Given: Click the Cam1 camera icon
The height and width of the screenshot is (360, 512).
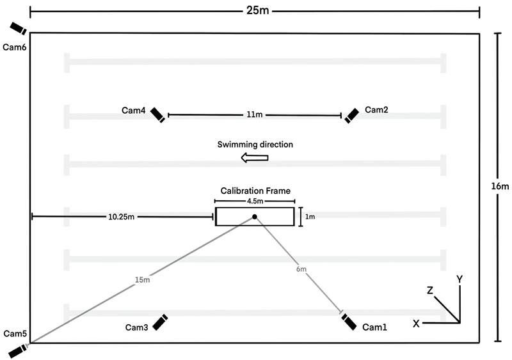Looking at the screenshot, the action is [x=349, y=322].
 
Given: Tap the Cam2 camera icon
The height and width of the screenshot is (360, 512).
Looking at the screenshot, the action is [x=351, y=116].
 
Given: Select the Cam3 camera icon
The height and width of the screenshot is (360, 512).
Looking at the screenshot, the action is [x=160, y=322].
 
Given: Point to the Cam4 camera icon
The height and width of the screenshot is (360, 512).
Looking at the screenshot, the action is [x=157, y=115].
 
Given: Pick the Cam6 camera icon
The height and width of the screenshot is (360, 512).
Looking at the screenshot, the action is [x=19, y=28].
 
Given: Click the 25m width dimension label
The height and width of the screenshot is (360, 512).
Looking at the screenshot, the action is [x=258, y=10].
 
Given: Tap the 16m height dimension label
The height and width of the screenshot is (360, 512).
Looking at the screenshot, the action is [x=500, y=186].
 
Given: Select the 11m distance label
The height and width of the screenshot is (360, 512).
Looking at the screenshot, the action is [x=254, y=114].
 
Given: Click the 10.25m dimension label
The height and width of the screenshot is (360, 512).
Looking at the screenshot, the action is [x=121, y=217].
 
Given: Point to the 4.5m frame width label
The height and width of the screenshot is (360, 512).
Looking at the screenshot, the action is [x=255, y=201].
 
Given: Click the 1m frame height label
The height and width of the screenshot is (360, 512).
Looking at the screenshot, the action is [x=310, y=217].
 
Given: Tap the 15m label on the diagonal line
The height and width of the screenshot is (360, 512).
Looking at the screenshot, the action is [x=142, y=279].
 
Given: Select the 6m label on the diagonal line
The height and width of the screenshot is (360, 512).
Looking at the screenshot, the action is [x=301, y=269].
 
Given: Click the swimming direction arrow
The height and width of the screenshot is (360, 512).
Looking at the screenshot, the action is [x=254, y=158].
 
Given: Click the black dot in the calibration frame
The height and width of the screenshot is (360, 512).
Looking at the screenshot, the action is [x=255, y=217].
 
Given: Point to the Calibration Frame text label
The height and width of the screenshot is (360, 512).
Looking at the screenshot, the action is [x=255, y=191].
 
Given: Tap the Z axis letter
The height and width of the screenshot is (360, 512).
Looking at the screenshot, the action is [x=430, y=290].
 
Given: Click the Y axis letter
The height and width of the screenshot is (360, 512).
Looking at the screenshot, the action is [x=460, y=279].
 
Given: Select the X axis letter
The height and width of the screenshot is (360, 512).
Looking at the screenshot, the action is [x=416, y=324].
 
